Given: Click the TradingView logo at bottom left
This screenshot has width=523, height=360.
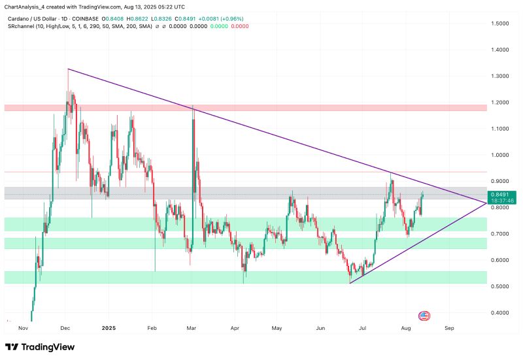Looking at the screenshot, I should [x=40, y=347].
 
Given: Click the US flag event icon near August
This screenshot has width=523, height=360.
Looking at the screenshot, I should [x=423, y=316].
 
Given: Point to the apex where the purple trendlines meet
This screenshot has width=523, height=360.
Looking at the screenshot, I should [x=486, y=203].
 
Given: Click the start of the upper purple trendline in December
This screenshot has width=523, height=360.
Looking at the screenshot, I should [x=68, y=69].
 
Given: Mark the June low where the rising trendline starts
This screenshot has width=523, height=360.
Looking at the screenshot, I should [x=351, y=282].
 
